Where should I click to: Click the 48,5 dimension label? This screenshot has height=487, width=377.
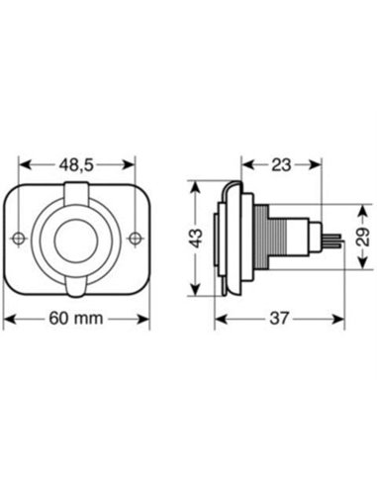[76, 165]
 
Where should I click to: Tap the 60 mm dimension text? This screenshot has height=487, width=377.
[76, 319]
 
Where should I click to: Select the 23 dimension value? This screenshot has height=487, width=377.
[281, 165]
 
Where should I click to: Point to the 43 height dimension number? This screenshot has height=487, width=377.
[197, 239]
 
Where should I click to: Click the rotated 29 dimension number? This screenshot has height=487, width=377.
[363, 237]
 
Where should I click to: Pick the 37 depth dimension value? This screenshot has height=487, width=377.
[279, 319]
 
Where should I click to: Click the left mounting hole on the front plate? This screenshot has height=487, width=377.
[19, 238]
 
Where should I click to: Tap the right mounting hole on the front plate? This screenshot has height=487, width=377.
[135, 238]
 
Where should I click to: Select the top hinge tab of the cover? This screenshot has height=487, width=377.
[76, 194]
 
